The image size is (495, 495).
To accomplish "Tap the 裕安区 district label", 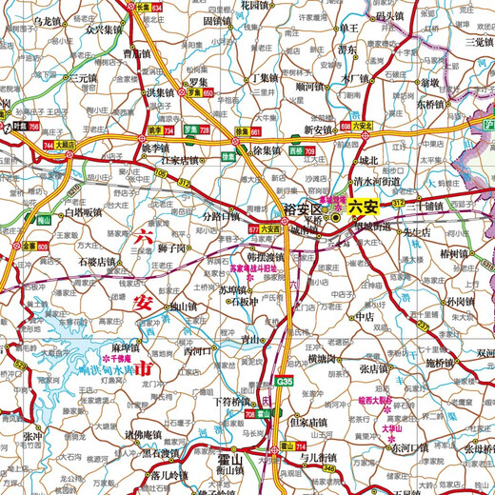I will click(x=305, y=208).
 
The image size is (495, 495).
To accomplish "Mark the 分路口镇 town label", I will click(x=222, y=216).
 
